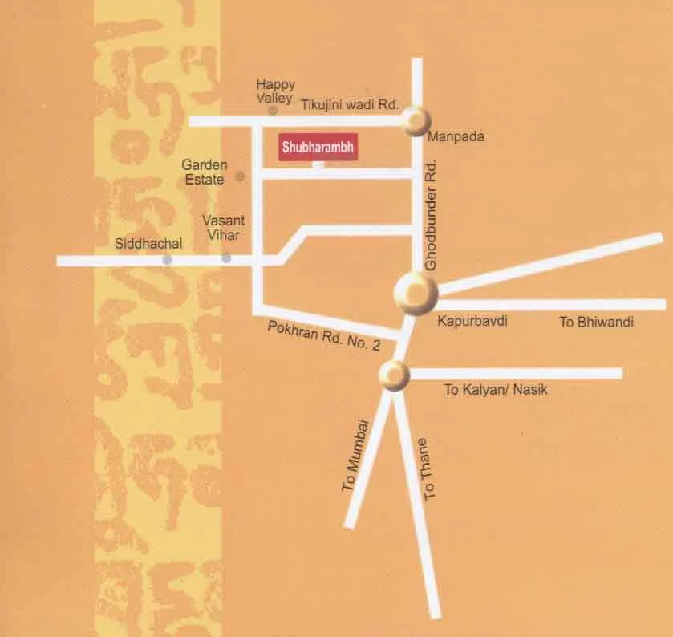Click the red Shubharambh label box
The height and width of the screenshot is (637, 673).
pyautogui.click(x=317, y=148)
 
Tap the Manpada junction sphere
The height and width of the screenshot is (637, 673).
pyautogui.click(x=416, y=121)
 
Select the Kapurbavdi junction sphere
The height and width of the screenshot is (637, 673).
pyautogui.click(x=416, y=294)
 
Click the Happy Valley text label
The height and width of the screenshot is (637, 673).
pyautogui.click(x=275, y=91)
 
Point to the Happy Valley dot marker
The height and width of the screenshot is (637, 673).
pyautogui.click(x=273, y=110)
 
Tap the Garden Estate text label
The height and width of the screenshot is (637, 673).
pyautogui.click(x=205, y=172)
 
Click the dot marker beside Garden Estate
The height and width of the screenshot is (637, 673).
pyautogui.click(x=240, y=176)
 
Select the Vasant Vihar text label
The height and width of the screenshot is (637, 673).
pyautogui.click(x=221, y=227)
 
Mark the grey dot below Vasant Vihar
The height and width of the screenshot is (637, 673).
pyautogui.click(x=226, y=258)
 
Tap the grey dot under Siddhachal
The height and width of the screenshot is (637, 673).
pyautogui.click(x=167, y=260)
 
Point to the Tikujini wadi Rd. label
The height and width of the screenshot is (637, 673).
pyautogui.click(x=350, y=104)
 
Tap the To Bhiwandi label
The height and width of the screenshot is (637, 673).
pyautogui.click(x=596, y=323)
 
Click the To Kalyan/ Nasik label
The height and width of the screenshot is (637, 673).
pyautogui.click(x=496, y=389)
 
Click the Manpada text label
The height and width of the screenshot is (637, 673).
pyautogui.click(x=456, y=137)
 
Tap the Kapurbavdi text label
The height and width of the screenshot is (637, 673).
pyautogui.click(x=472, y=321)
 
